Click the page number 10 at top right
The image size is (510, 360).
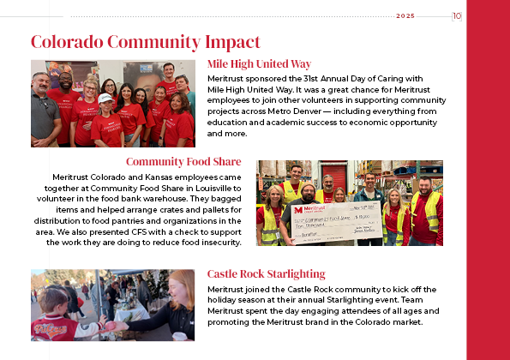coord(457,15)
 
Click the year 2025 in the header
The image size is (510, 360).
coord(405,15)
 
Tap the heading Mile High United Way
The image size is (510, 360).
coord(259,63)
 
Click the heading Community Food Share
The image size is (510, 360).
coord(183,161)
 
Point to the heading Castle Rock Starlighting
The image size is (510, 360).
coord(266,273)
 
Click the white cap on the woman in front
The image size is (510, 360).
coord(105,99)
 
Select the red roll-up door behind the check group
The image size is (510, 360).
coord(334,176)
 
